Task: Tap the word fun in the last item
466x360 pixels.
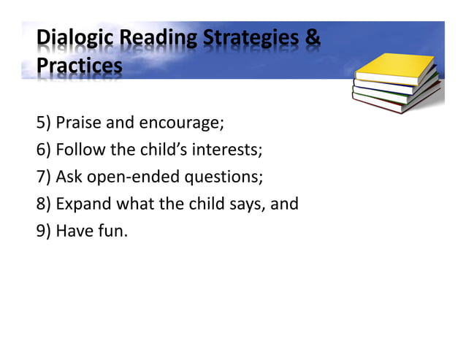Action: click(x=110, y=231)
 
